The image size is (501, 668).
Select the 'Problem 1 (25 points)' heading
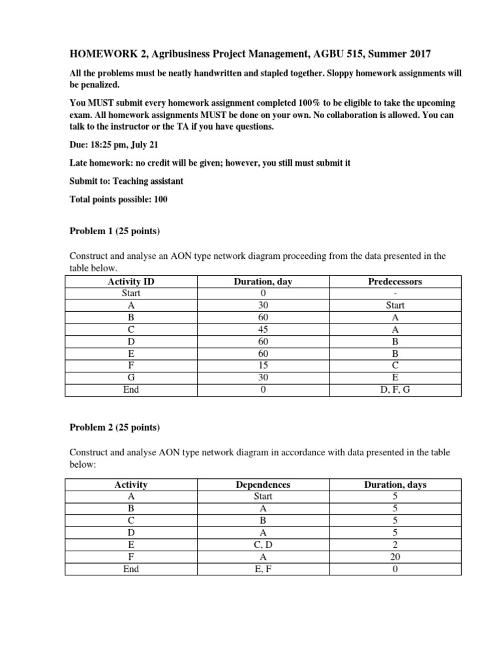click(115, 231)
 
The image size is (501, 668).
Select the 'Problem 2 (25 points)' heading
click(115, 427)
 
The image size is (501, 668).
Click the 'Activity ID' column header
click(131, 282)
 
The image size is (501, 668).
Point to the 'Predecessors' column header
click(395, 282)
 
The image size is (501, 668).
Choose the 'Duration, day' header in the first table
click(263, 282)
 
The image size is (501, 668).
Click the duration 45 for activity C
click(263, 329)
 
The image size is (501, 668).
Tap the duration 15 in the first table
click(263, 365)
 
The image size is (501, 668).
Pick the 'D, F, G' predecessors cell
click(395, 389)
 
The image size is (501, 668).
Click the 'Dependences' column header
click(263, 485)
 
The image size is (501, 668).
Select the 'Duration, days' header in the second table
click(395, 485)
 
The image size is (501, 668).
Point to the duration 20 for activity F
click(395, 556)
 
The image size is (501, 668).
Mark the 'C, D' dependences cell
click(263, 545)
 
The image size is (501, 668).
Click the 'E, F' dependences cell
click(263, 569)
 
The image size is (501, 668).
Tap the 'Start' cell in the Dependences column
click(263, 496)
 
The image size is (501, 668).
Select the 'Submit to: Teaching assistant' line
click(126, 181)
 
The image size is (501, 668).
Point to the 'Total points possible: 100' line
click(119, 200)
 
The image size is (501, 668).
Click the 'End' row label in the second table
click(131, 569)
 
